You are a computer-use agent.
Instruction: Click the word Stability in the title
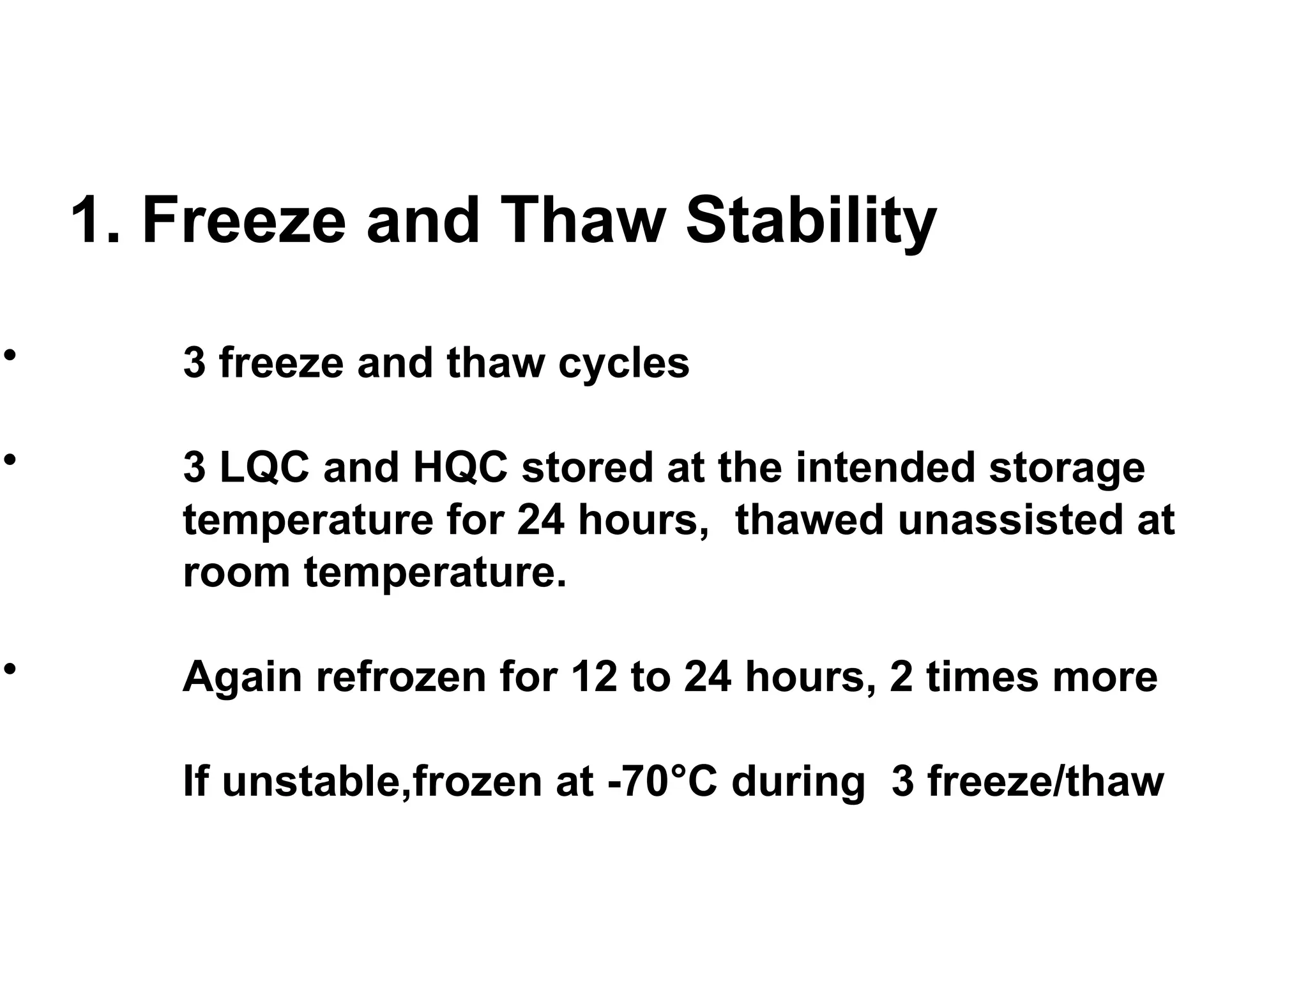coord(810,221)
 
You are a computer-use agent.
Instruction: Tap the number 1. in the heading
coord(96,220)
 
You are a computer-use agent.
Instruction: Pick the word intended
coord(886,467)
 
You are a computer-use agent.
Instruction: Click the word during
coord(798,783)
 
